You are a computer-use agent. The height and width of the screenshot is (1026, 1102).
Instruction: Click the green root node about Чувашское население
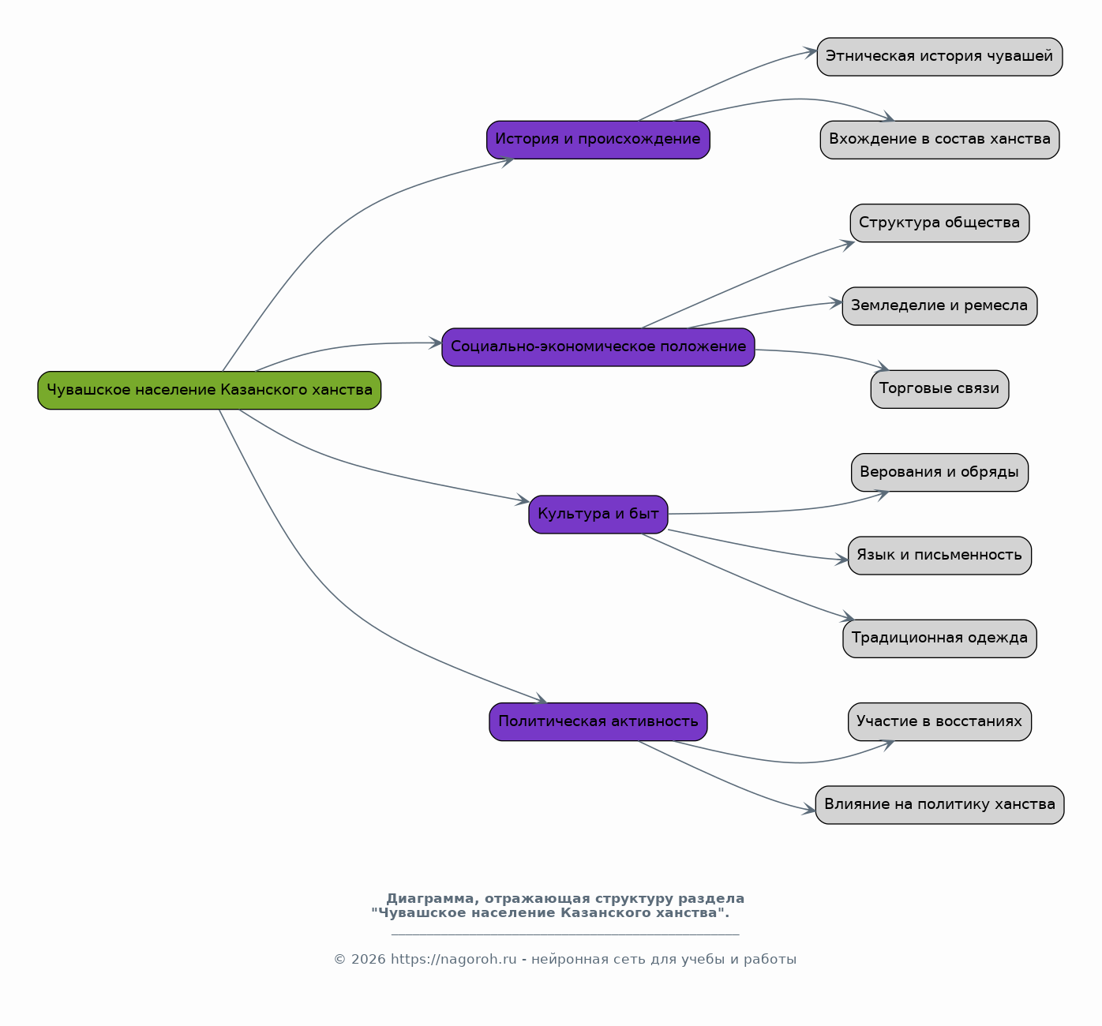[209, 390]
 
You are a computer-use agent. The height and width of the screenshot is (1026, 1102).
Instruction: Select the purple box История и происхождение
[598, 140]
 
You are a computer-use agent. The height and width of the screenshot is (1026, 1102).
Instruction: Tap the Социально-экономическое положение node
[598, 347]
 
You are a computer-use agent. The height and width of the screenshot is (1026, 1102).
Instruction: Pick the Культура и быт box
[598, 515]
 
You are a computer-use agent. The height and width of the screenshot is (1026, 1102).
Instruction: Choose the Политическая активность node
[598, 722]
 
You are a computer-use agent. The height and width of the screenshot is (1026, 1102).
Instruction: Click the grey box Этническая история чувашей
[939, 57]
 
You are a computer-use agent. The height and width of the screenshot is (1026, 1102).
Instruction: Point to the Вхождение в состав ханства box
[939, 140]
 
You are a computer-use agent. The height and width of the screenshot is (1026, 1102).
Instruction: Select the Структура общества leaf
[939, 223]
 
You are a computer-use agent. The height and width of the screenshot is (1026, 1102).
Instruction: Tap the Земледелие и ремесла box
[939, 306]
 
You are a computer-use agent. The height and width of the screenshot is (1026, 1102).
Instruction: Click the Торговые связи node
[939, 390]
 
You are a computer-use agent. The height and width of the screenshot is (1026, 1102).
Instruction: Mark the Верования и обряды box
[939, 472]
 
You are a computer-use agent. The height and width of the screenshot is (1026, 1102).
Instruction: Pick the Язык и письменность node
[939, 556]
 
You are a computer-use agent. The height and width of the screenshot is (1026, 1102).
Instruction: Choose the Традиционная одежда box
[939, 638]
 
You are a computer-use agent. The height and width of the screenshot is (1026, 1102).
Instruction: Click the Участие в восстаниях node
[939, 722]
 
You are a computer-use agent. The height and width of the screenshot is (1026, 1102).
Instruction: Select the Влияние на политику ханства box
[939, 805]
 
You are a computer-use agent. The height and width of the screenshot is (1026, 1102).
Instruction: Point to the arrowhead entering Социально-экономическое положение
[436, 343]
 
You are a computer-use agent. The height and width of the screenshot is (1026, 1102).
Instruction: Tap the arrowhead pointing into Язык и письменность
[841, 560]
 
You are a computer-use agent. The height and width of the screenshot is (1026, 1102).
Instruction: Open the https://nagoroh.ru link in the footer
[453, 959]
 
